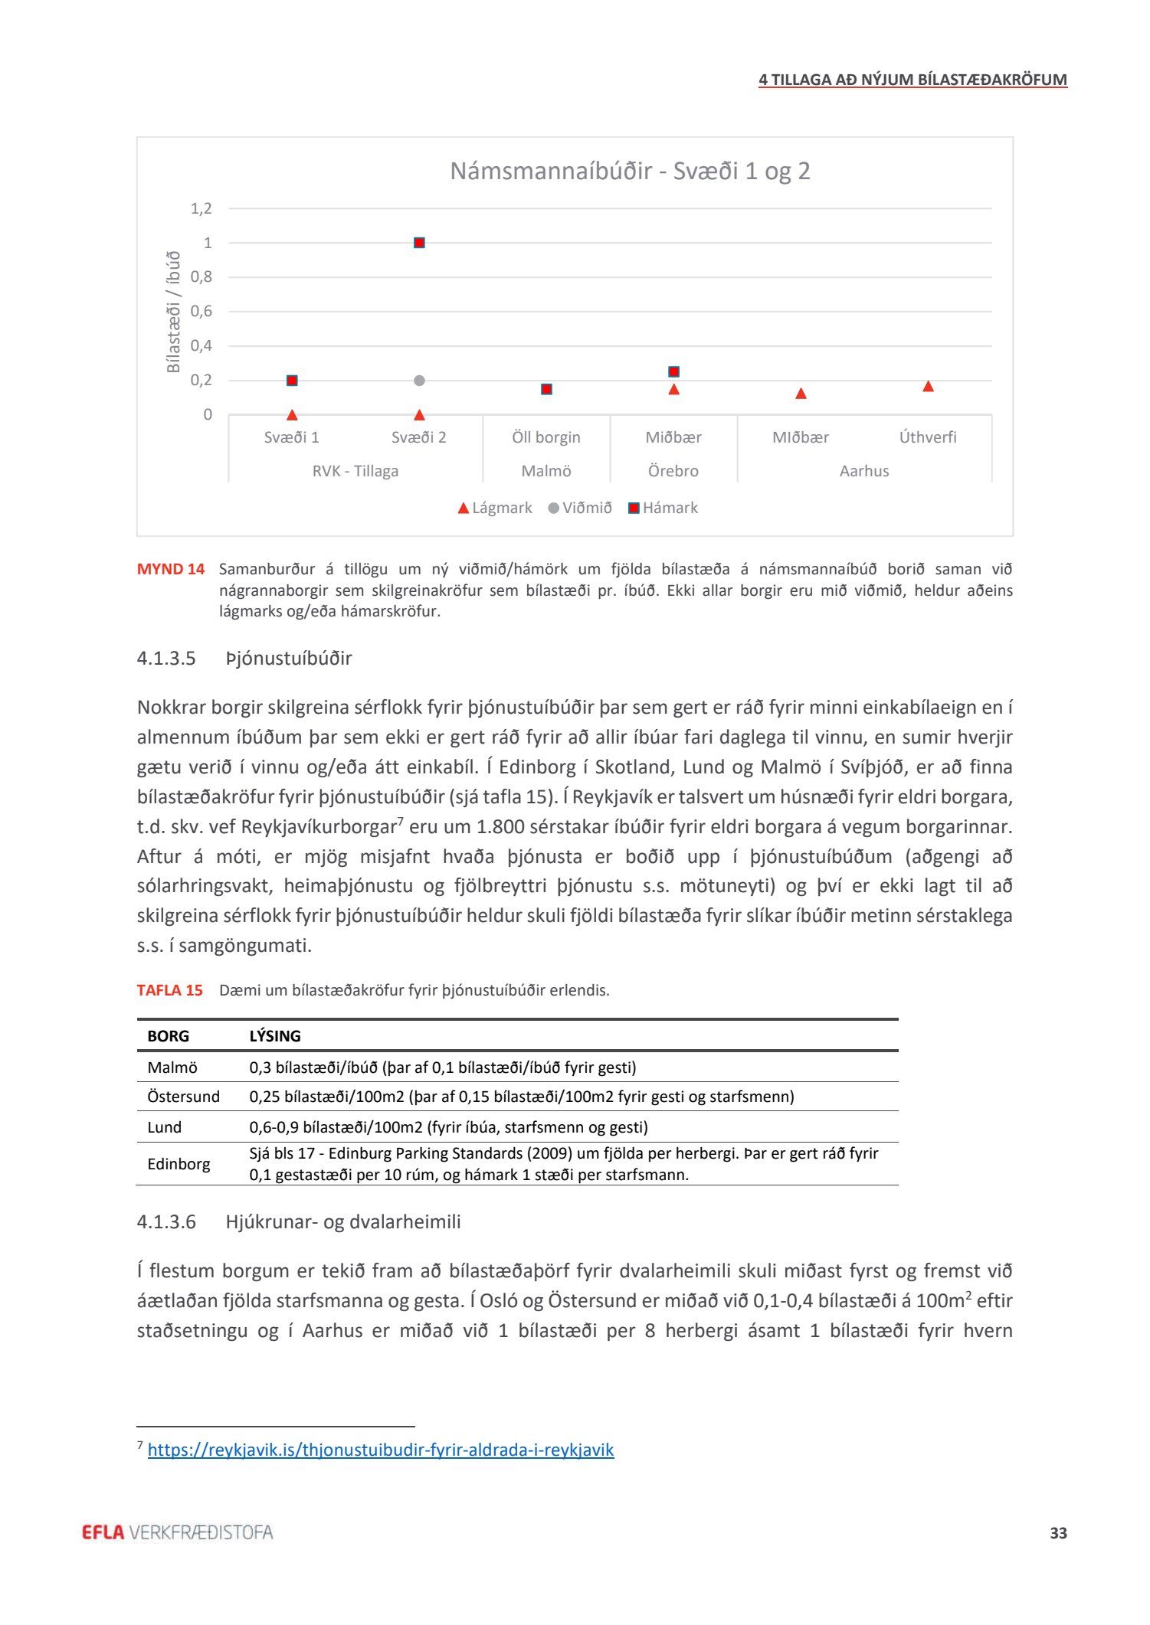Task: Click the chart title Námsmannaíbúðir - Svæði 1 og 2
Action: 630,171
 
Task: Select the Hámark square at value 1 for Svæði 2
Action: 419,243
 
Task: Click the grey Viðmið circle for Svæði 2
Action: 419,381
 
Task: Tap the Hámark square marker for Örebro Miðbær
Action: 673,371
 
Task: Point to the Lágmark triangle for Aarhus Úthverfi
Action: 928,386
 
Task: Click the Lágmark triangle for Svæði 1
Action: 292,415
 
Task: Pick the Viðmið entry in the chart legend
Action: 580,508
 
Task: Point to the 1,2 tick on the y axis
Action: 201,208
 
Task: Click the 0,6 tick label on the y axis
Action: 201,311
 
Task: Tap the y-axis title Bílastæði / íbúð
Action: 173,312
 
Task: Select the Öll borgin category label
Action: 546,437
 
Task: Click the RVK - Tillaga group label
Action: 355,471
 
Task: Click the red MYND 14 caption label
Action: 171,569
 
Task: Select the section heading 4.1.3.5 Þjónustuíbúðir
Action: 244,659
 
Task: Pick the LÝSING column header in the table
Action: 275,1036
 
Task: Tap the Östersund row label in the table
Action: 183,1097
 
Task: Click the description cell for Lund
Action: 448,1127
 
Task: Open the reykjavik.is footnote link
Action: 381,1450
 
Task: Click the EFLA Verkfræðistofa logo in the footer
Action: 177,1532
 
